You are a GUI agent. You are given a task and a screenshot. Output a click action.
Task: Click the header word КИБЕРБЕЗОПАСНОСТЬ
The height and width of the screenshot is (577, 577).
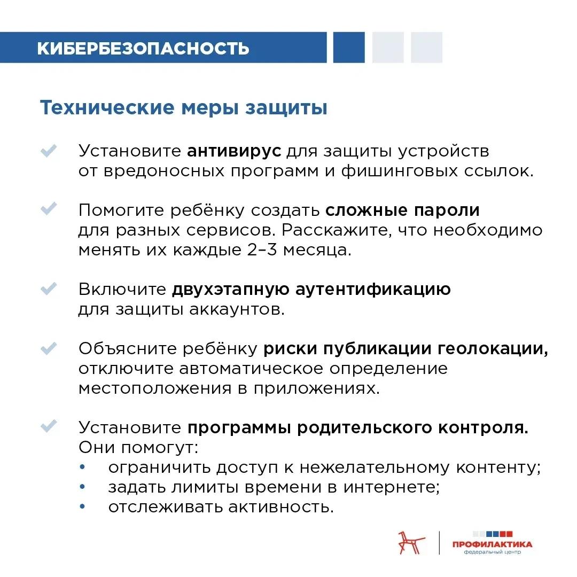(x=143, y=48)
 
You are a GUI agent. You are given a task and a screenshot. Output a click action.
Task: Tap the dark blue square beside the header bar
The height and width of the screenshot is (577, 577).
(x=349, y=48)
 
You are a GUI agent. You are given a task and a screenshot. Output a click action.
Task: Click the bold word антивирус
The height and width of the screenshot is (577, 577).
(x=234, y=151)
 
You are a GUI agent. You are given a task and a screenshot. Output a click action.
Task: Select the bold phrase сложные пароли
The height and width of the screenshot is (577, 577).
(x=402, y=210)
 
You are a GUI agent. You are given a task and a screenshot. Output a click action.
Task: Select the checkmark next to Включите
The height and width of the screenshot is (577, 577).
(x=49, y=289)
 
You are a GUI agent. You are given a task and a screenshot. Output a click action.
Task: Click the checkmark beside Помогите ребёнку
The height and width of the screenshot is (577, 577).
(x=49, y=209)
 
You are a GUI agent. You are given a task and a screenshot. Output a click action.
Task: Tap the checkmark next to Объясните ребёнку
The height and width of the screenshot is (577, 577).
(x=49, y=348)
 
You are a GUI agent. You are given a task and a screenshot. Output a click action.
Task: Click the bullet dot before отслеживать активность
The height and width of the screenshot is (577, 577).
(x=82, y=506)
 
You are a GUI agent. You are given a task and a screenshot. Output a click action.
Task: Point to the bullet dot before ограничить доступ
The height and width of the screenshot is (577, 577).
(x=82, y=467)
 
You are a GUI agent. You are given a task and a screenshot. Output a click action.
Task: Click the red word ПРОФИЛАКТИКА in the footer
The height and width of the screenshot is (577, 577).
(x=492, y=544)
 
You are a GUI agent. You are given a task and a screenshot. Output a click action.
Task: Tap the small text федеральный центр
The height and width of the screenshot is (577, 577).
(x=492, y=552)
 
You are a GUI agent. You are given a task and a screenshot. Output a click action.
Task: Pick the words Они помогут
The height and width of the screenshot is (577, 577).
(x=138, y=447)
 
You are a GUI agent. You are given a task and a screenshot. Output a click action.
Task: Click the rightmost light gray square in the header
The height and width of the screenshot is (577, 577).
(x=426, y=48)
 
